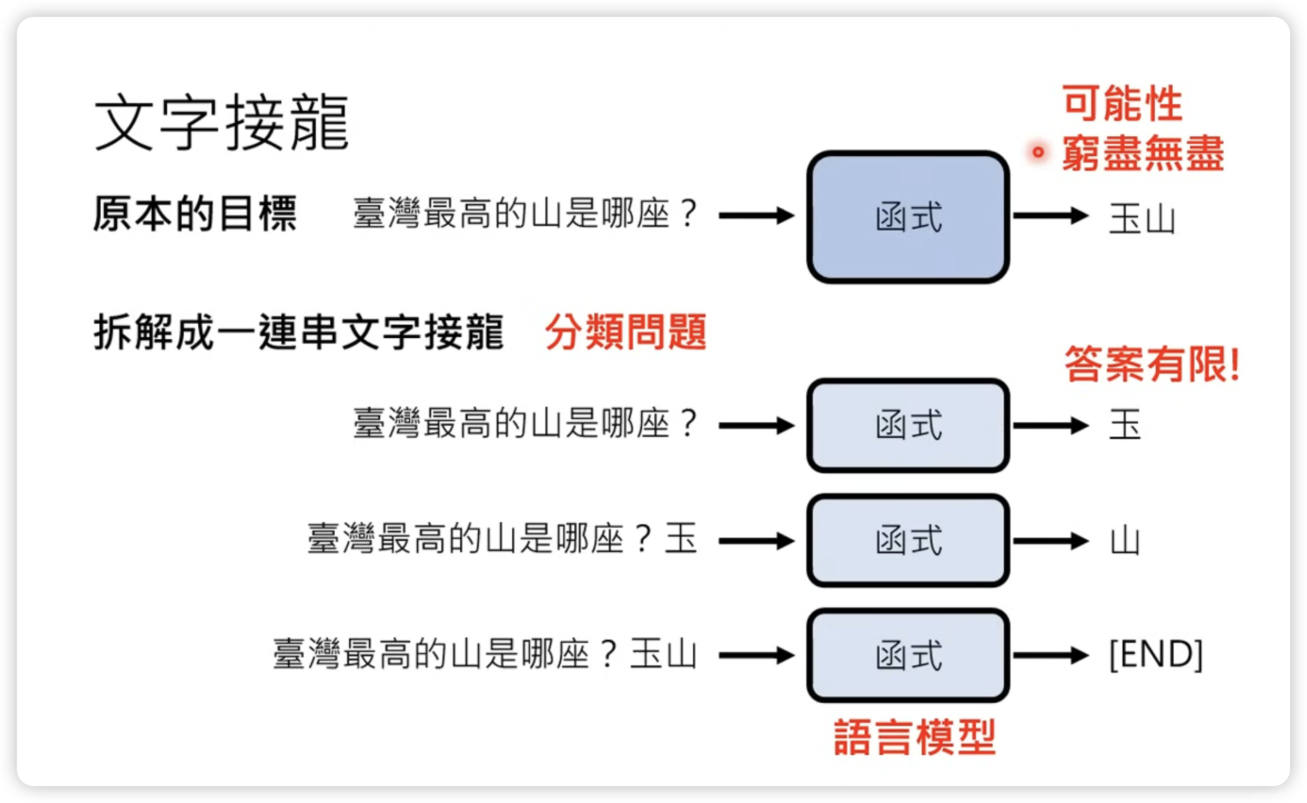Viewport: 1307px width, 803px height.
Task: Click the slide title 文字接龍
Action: coord(220,122)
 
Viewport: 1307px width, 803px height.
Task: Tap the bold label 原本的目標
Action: coord(195,214)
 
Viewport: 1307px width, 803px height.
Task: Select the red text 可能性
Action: coord(1123,103)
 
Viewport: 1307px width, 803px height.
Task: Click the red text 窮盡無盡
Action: coord(1143,153)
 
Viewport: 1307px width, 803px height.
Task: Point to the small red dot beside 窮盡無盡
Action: coord(1037,152)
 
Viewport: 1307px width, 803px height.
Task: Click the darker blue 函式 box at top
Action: coord(908,217)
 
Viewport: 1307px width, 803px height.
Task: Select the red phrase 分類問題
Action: coord(625,332)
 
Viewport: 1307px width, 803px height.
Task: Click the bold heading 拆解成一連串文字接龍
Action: coord(298,332)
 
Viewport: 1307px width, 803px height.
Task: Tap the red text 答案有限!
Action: coord(1152,364)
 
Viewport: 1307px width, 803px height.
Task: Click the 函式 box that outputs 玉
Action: coord(908,425)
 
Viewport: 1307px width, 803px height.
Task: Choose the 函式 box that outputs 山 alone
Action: coord(908,541)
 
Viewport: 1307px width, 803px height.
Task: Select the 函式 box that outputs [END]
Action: coord(908,655)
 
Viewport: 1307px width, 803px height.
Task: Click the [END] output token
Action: coord(1156,654)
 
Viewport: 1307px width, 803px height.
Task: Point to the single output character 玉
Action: coord(1125,425)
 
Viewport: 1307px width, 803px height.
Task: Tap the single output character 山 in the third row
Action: coord(1125,541)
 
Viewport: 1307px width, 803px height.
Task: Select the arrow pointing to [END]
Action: coord(1051,655)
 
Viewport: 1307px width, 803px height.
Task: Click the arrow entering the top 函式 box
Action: coord(757,216)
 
